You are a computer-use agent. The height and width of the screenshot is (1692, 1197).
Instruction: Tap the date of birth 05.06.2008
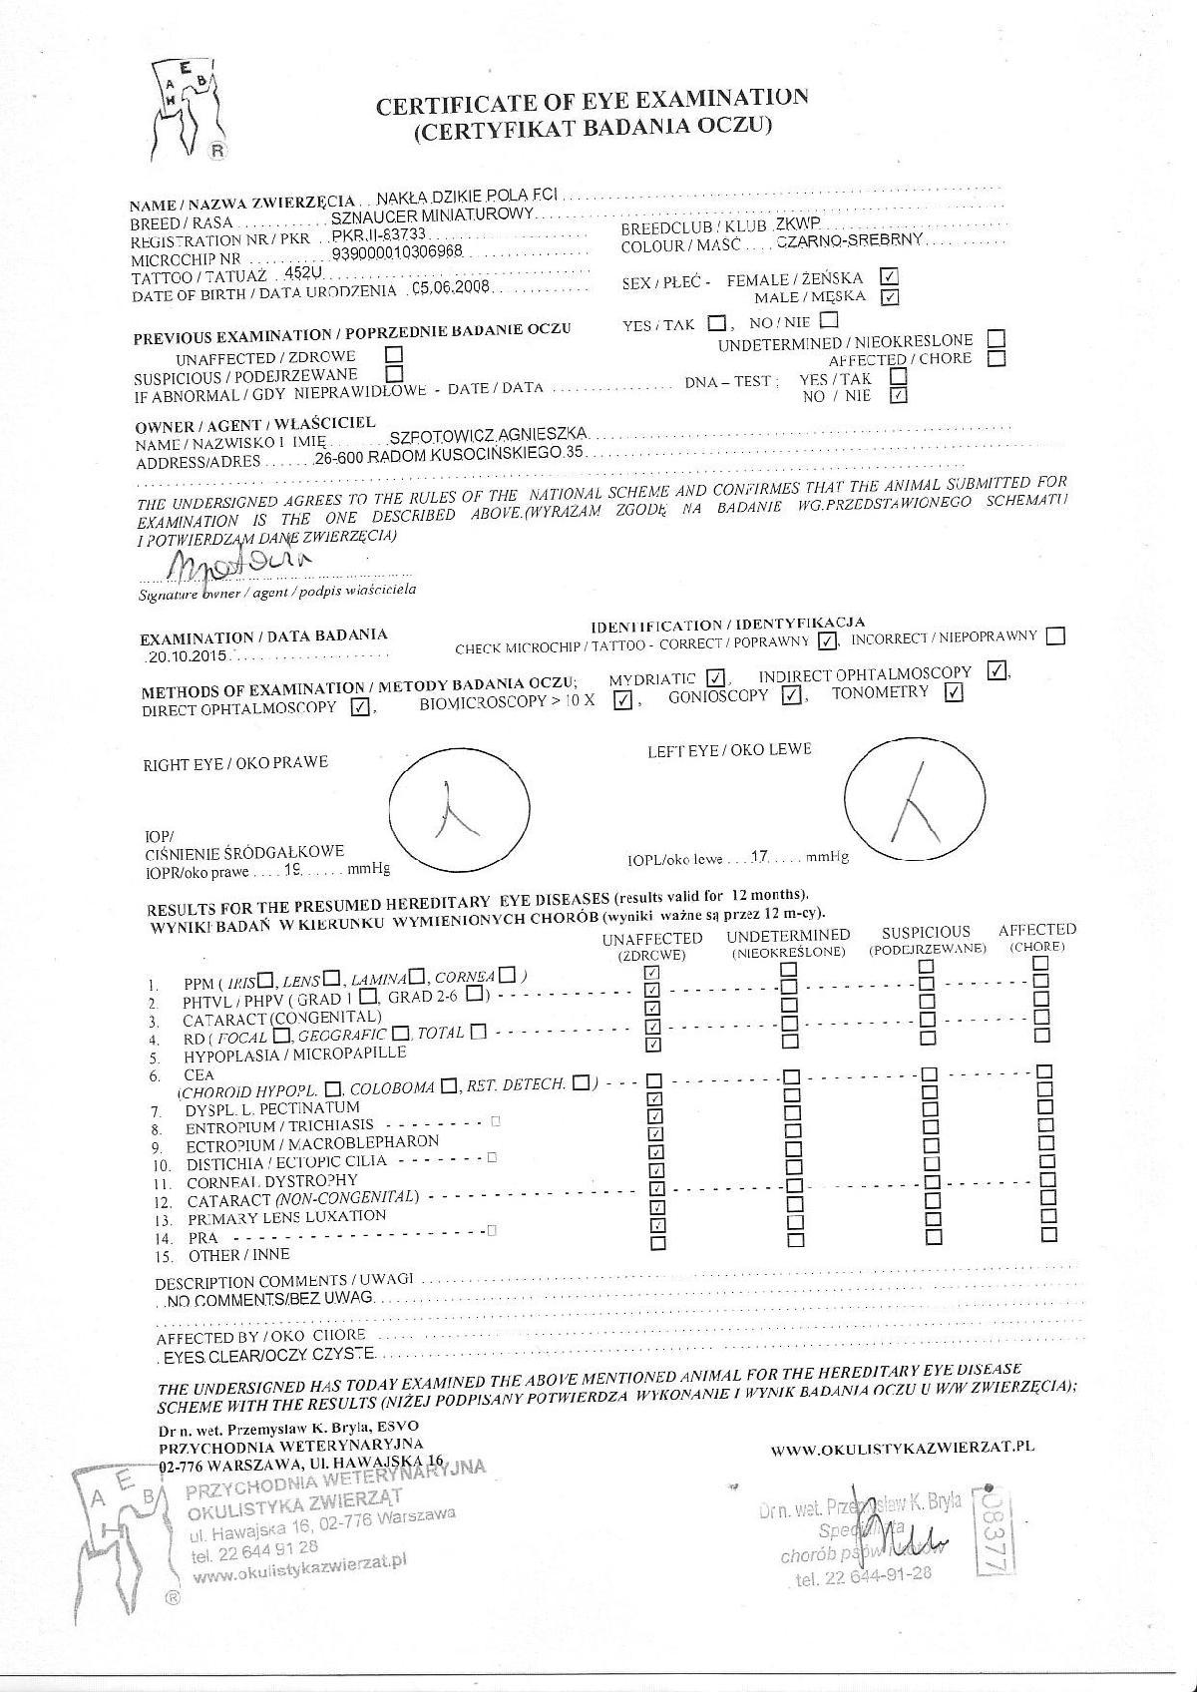tap(452, 288)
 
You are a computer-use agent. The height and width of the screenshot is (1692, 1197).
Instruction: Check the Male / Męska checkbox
tap(890, 296)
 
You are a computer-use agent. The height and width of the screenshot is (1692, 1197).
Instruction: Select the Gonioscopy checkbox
tap(791, 695)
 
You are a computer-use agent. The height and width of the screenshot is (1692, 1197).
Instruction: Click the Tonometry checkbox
tap(953, 693)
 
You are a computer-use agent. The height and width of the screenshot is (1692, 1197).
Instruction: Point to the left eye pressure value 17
tap(759, 856)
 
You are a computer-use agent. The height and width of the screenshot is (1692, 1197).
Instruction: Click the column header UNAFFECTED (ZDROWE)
tap(652, 946)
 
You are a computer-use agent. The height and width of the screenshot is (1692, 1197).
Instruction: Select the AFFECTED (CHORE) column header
tap(1037, 937)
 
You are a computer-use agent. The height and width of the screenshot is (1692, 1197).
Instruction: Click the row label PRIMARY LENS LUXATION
tap(286, 1217)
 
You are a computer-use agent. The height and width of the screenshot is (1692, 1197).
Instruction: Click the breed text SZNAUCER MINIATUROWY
tap(434, 214)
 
